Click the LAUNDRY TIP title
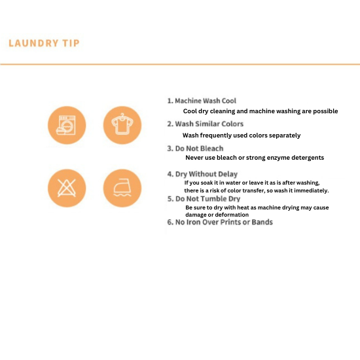(44, 43)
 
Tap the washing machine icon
(67, 125)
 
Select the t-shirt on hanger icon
(122, 125)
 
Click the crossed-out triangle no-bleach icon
(67, 188)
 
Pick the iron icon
(122, 188)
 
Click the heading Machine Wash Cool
(202, 101)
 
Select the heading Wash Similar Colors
(206, 124)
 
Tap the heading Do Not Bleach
(196, 149)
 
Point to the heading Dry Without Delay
(202, 174)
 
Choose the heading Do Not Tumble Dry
(204, 199)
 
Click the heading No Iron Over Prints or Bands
(220, 223)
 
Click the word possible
(325, 111)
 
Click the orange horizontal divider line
(180, 65)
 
